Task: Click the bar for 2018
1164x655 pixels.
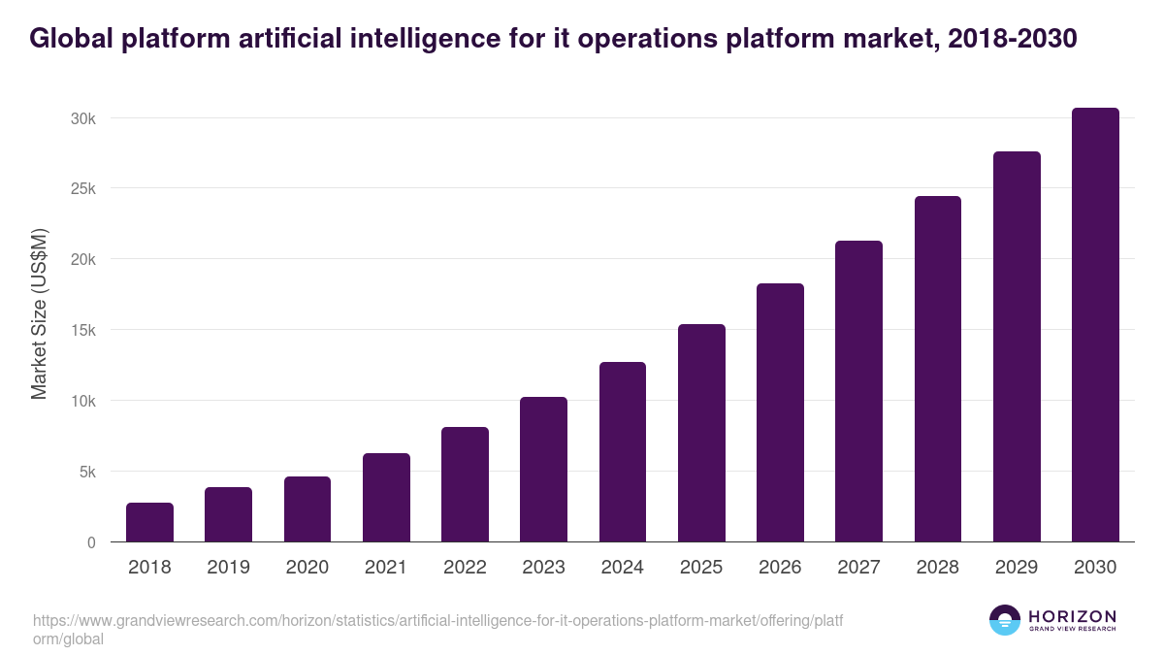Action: click(x=149, y=522)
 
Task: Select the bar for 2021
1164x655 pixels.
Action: click(x=386, y=498)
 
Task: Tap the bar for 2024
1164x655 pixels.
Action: click(x=623, y=452)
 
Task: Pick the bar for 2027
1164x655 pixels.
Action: click(x=858, y=391)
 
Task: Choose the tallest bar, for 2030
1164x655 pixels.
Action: click(x=1095, y=325)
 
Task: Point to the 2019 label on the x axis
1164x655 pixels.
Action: click(x=228, y=567)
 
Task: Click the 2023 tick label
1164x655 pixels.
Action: click(x=543, y=567)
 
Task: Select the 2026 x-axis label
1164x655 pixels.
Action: click(x=780, y=567)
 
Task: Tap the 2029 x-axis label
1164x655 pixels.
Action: click(x=1017, y=567)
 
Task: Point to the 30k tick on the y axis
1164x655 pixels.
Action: click(x=81, y=118)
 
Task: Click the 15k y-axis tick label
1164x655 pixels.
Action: click(x=81, y=330)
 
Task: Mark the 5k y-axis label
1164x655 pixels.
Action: click(x=85, y=472)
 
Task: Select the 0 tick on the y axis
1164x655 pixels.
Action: click(x=91, y=542)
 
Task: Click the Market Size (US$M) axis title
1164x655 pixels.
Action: click(x=39, y=313)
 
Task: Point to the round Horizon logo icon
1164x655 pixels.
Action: click(x=1005, y=620)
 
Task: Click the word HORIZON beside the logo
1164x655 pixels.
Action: click(x=1072, y=615)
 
